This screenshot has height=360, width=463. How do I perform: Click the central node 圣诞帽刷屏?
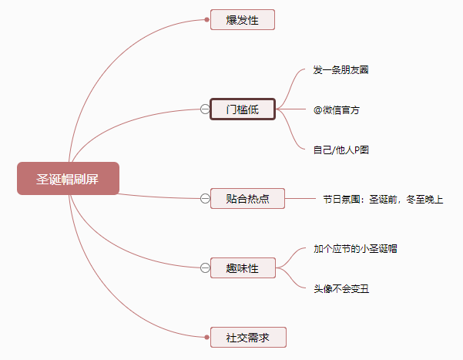coord(68,179)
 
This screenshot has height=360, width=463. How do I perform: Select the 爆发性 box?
coord(242,19)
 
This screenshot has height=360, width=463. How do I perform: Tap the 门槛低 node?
coord(242,109)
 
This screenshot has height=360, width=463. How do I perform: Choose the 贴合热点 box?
coord(247,199)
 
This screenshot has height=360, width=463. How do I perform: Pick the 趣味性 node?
coord(242,268)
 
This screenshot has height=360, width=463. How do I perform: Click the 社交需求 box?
coord(247,337)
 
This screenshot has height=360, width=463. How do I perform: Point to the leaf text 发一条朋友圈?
coord(341,70)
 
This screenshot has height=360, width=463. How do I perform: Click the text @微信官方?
coord(336,110)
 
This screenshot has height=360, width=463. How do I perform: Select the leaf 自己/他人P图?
coord(341,150)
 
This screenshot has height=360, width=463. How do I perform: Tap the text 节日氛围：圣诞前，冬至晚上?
coord(383,200)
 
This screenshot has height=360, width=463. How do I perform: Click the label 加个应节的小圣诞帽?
coord(355,249)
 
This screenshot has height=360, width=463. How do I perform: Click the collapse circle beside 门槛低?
coord(205,109)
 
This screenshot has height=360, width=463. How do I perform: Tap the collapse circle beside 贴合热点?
coord(205,199)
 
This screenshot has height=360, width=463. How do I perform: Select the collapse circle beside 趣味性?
coord(205,268)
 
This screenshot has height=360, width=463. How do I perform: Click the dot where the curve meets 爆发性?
coord(207,19)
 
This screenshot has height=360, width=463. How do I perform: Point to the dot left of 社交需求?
coord(207,337)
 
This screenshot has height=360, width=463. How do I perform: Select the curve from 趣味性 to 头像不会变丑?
coord(292,281)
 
